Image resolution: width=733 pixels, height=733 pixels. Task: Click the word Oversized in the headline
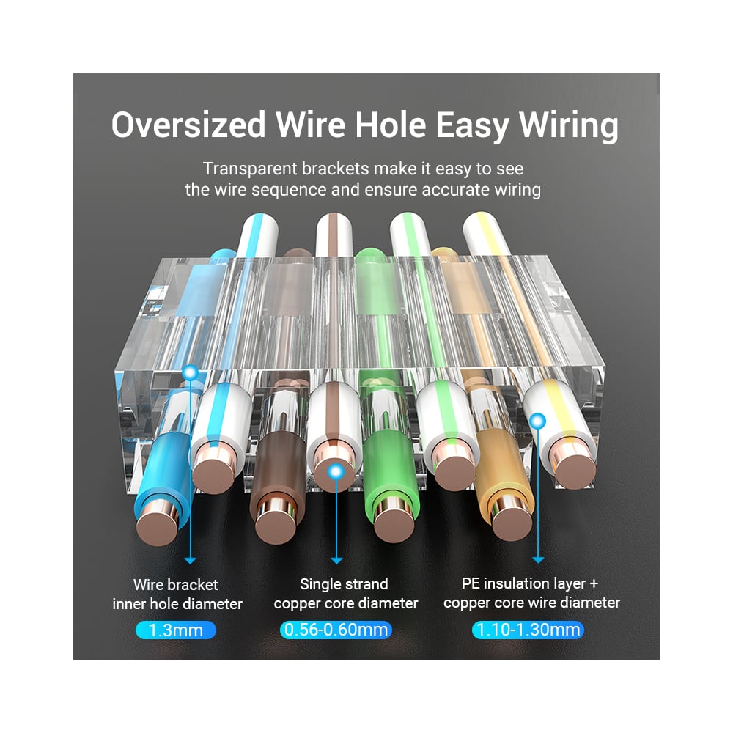[188, 125]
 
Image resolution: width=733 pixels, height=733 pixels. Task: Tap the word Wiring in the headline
[569, 126]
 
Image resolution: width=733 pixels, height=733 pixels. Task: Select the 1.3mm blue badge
[176, 630]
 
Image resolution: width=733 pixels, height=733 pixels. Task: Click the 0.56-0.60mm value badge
[336, 630]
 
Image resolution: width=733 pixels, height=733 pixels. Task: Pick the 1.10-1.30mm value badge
[528, 630]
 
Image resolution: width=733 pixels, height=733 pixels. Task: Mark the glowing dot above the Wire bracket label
[191, 373]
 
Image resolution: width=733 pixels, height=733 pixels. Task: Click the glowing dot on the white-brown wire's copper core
[336, 471]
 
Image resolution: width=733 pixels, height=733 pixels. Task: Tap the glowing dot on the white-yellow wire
[539, 421]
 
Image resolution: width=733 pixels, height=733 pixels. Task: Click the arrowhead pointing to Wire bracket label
[191, 561]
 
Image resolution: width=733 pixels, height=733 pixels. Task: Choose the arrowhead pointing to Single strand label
[336, 561]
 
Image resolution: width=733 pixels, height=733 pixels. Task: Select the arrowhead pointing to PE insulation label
[539, 559]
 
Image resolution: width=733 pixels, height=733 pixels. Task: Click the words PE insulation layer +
[530, 583]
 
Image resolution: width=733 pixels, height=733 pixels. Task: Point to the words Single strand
[344, 584]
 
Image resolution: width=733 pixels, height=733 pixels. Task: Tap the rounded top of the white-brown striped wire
[334, 225]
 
